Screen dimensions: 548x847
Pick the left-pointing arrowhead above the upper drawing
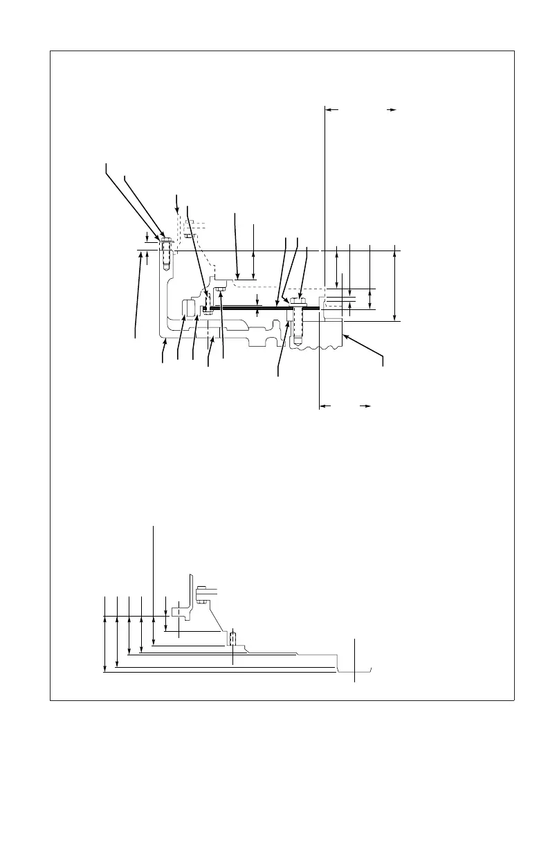pyautogui.click(x=328, y=109)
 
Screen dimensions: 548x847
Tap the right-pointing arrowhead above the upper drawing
pyautogui.click(x=392, y=109)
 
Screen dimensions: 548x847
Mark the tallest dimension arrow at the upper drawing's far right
pyautogui.click(x=394, y=283)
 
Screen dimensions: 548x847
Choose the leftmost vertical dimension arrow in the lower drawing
pyautogui.click(x=104, y=633)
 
